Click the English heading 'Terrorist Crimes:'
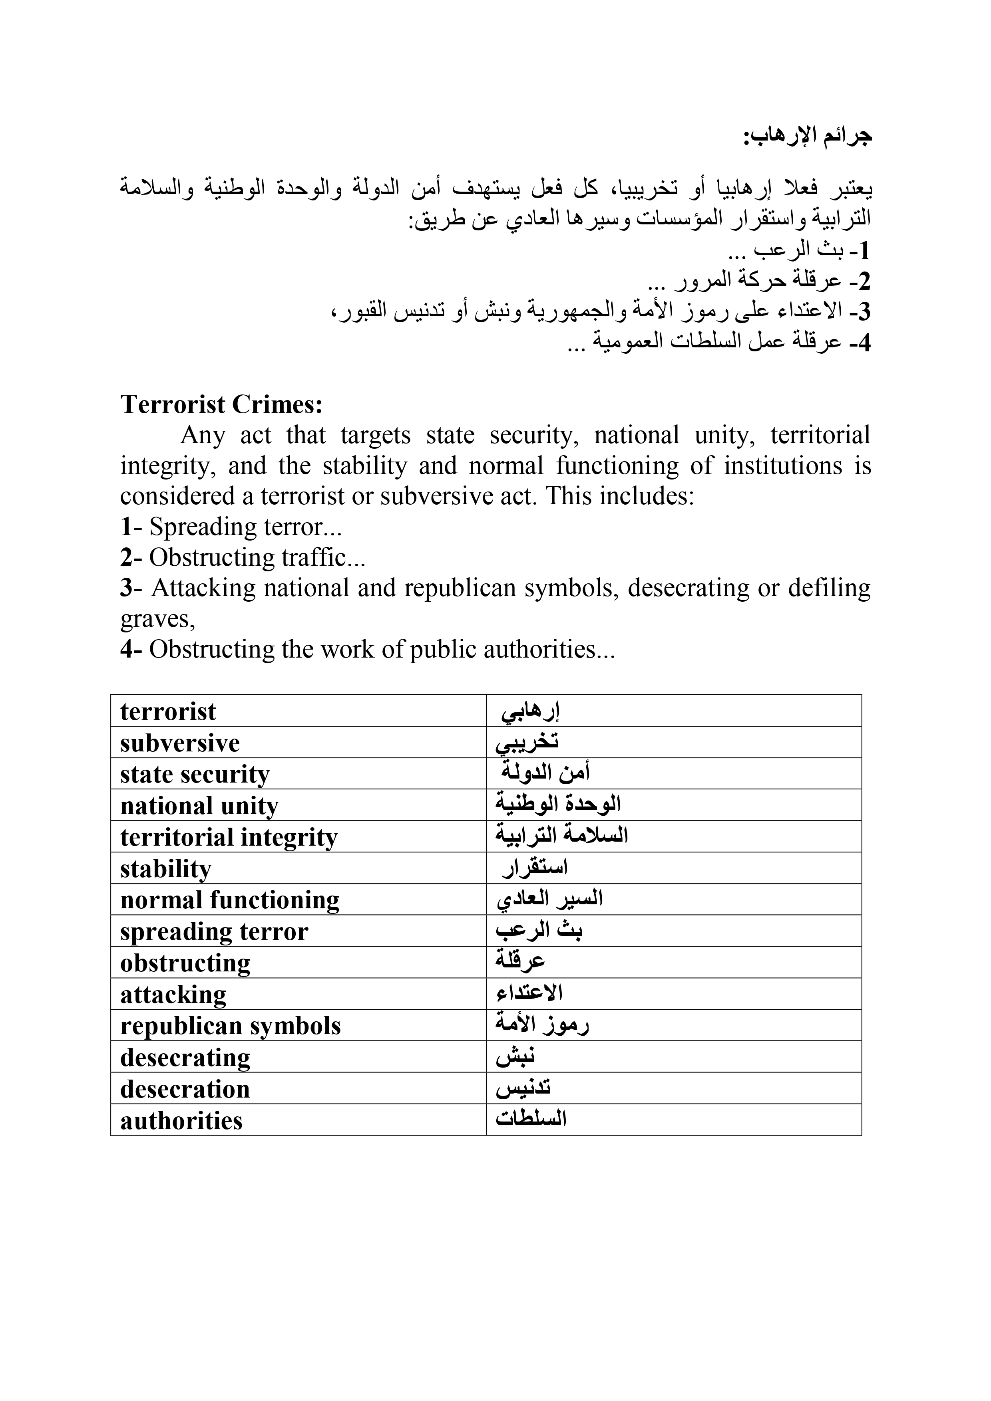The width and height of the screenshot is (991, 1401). coord(221,404)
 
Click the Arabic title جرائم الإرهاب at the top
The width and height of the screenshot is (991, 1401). coord(807,136)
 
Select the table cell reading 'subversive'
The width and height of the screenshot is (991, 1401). coord(180,743)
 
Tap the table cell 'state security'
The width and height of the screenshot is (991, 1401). coord(195,774)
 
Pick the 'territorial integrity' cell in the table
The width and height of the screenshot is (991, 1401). coord(229,837)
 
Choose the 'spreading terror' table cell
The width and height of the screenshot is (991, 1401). coord(214,932)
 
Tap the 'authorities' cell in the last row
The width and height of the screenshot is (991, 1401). coord(181,1121)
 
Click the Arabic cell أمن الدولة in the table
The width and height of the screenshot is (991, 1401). coord(545,773)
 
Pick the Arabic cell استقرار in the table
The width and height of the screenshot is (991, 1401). coord(535,868)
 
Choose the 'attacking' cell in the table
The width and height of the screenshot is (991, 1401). coord(173,995)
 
